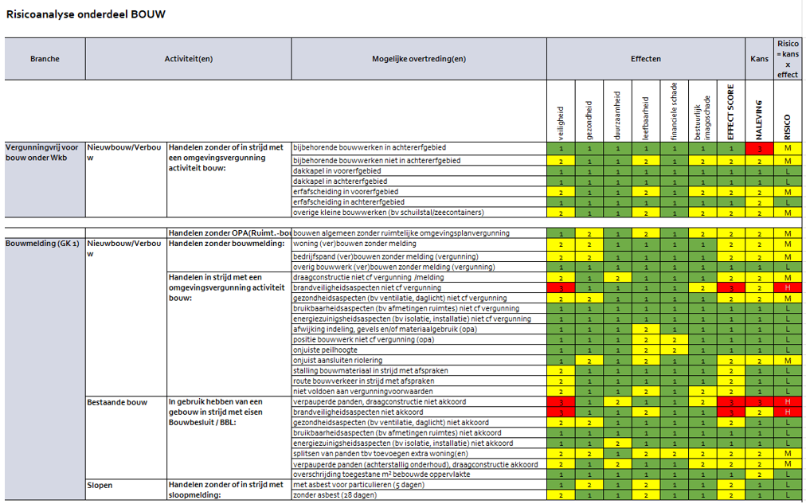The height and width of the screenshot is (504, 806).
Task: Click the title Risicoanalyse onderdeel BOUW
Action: pos(86,14)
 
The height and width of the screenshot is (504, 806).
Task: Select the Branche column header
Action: pos(45,59)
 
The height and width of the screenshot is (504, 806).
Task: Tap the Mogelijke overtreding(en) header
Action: pos(418,59)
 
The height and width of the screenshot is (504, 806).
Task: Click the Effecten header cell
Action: pos(645,59)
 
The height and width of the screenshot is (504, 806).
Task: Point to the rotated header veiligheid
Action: pos(561,123)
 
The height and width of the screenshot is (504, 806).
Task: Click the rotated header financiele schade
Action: pos(674,111)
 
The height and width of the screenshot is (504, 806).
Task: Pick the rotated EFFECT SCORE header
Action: pos(731,112)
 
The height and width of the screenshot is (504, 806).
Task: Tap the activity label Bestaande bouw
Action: pos(116,402)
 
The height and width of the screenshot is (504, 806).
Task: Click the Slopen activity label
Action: pos(100,485)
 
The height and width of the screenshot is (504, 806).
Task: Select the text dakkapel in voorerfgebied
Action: pos(338,171)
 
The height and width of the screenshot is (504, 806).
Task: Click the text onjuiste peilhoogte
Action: pos(325,350)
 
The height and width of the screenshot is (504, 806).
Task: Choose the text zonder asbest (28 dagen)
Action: pos(335,495)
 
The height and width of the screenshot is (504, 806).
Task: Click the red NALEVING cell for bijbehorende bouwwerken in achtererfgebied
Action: pos(759,149)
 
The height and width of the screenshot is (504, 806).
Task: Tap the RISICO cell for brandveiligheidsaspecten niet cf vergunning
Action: pos(788,287)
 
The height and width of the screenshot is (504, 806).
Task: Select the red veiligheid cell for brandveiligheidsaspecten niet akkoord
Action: pos(561,412)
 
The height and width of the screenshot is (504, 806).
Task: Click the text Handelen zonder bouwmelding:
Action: pos(225,244)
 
